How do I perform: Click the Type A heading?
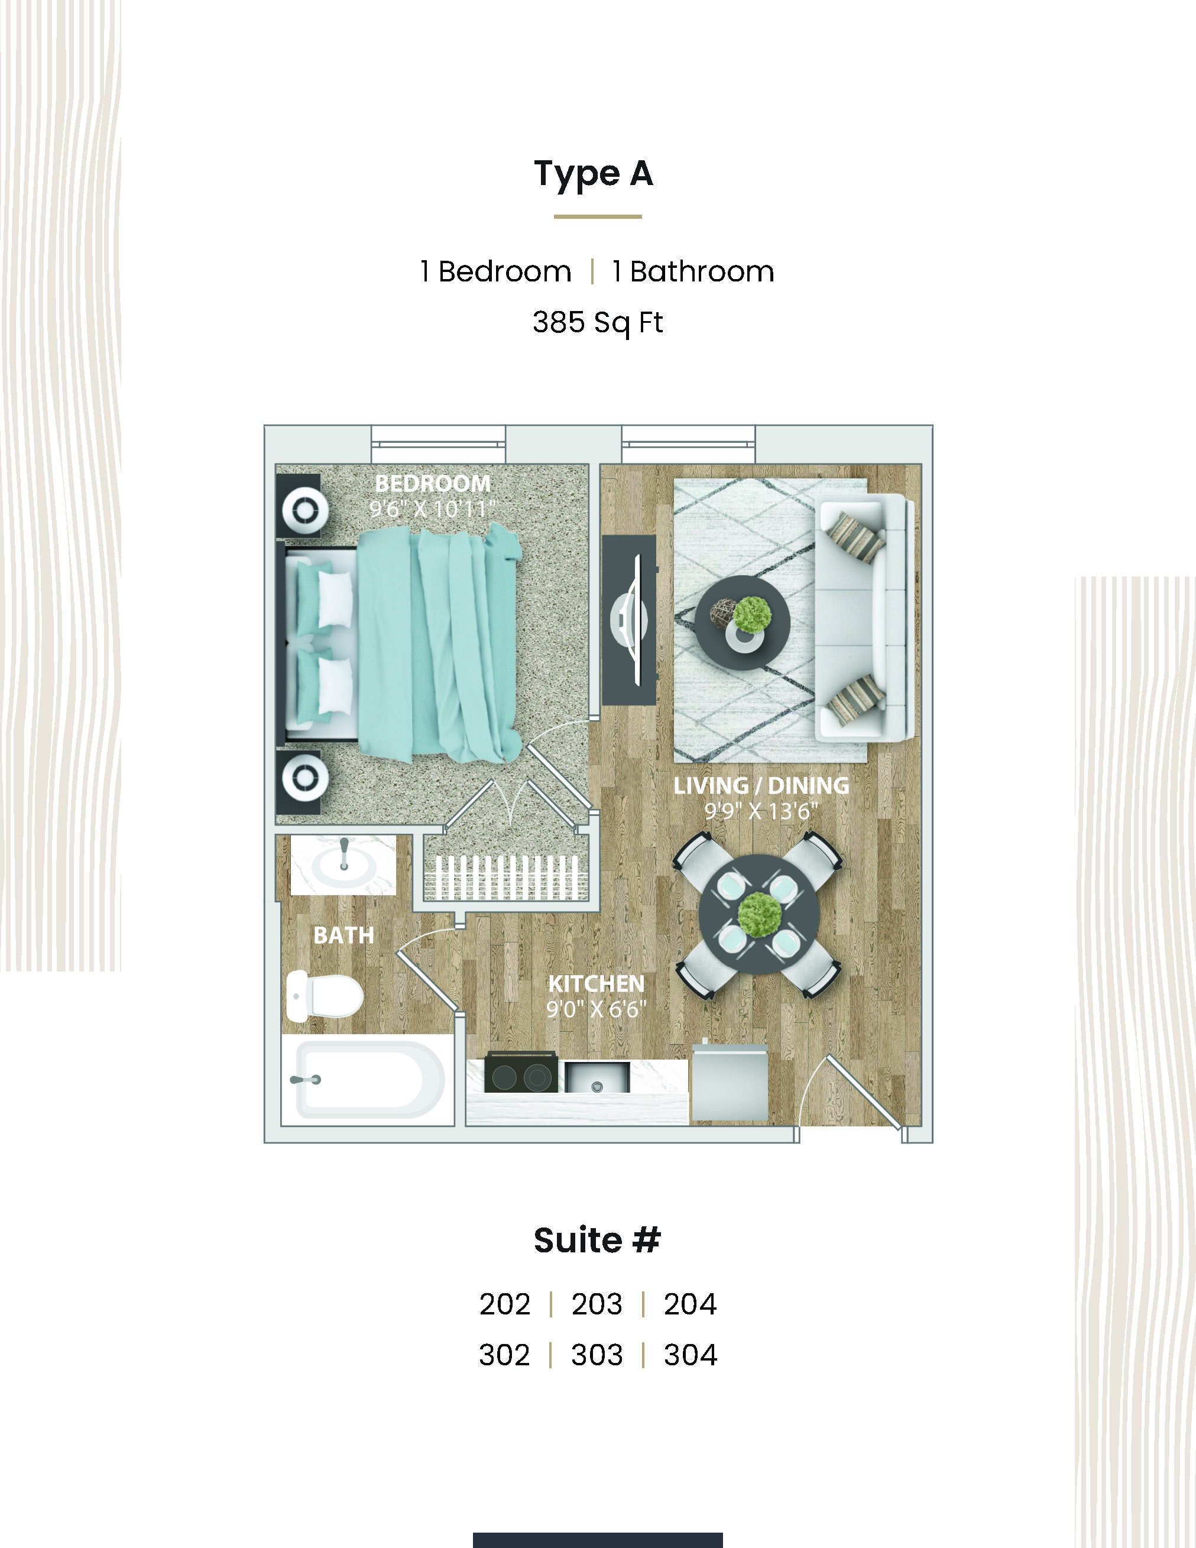pos(593,174)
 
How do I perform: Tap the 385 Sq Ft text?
pos(597,322)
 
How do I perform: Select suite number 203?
pos(597,1304)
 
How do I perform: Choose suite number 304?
pos(690,1355)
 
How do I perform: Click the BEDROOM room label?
pos(432,484)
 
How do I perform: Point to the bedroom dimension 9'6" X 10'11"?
pos(432,509)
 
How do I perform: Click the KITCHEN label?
pos(596,984)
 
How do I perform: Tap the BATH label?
pos(343,935)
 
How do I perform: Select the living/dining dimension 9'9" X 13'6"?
pos(761,811)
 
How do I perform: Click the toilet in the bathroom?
pos(325,996)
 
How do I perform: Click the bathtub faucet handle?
pos(306,1080)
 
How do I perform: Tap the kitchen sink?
pos(597,1077)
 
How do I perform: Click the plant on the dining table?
pos(760,914)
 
